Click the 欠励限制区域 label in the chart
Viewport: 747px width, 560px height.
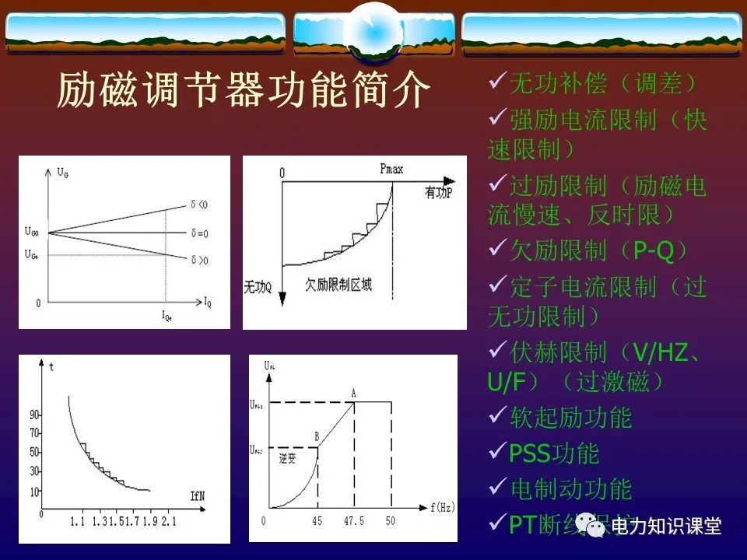(338, 285)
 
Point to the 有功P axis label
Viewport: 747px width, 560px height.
(444, 191)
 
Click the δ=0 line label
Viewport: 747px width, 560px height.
(199, 233)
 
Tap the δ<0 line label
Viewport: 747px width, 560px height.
(200, 205)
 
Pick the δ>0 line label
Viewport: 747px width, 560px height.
(200, 259)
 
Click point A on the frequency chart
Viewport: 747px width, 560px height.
(353, 393)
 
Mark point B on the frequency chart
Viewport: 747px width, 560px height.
(317, 437)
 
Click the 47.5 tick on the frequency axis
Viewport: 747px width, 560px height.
(354, 520)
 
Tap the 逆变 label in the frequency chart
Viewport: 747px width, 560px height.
(287, 458)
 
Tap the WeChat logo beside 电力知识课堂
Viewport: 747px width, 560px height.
(596, 527)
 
